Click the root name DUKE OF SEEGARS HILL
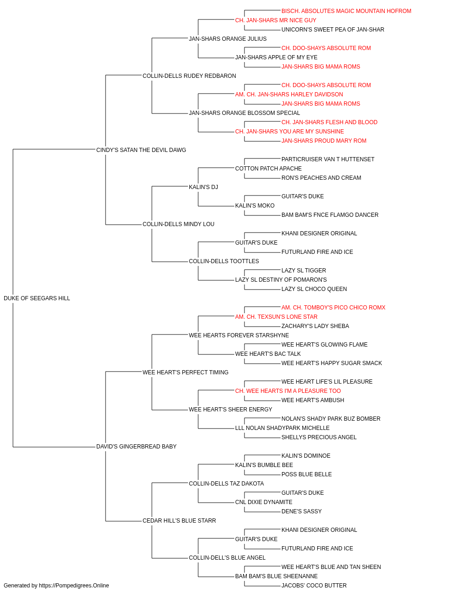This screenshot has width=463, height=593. pos(37,298)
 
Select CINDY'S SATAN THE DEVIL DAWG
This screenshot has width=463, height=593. pos(141,150)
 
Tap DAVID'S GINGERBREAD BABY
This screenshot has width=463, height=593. pos(136,447)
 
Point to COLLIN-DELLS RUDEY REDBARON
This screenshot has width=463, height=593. pos(189,76)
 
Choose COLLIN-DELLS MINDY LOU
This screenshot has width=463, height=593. pos(178,224)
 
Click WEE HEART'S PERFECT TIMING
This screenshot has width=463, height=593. pos(185,372)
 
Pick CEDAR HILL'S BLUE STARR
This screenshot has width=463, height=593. pos(179,521)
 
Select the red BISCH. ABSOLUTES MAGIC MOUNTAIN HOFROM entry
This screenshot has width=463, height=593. pos(346,11)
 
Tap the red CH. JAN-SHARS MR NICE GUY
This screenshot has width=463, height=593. pos(275,20)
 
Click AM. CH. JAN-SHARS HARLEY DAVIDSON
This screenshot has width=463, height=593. pos(289,95)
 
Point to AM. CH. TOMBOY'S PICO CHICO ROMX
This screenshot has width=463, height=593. pos(333,308)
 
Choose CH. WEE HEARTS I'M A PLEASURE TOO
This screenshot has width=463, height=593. pos(288,391)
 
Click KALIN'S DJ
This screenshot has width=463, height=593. pos(203,187)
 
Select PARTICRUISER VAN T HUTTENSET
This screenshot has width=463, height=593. pos(328,159)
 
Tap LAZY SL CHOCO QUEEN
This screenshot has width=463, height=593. pos(314,289)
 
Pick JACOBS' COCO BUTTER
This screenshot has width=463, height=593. pos(314,586)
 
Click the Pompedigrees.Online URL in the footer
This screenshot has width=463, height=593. pos(74,586)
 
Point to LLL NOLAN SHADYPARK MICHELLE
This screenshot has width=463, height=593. pos(282,428)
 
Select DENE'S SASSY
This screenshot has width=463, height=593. pos(301,511)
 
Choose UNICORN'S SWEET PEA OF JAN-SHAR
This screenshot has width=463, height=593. pos(332,30)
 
